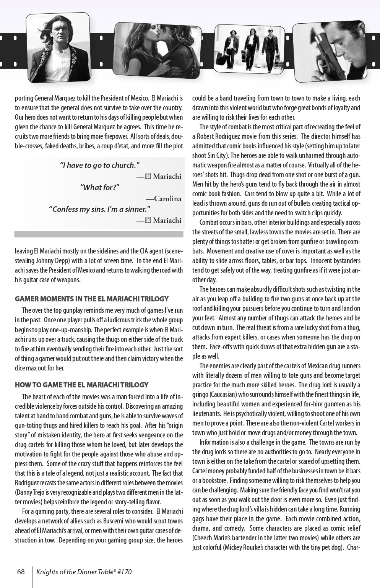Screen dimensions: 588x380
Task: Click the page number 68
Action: click(21, 572)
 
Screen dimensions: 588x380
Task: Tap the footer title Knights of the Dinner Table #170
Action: click(84, 572)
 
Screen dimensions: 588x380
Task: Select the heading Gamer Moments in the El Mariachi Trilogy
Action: click(91, 299)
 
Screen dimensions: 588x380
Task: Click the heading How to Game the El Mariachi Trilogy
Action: click(81, 385)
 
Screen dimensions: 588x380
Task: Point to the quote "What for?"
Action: click(100, 187)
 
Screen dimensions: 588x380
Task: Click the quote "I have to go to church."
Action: click(100, 165)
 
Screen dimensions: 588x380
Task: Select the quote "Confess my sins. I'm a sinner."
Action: click(100, 209)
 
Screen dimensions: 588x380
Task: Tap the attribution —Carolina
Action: click(164, 198)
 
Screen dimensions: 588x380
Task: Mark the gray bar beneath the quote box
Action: click(99, 234)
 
